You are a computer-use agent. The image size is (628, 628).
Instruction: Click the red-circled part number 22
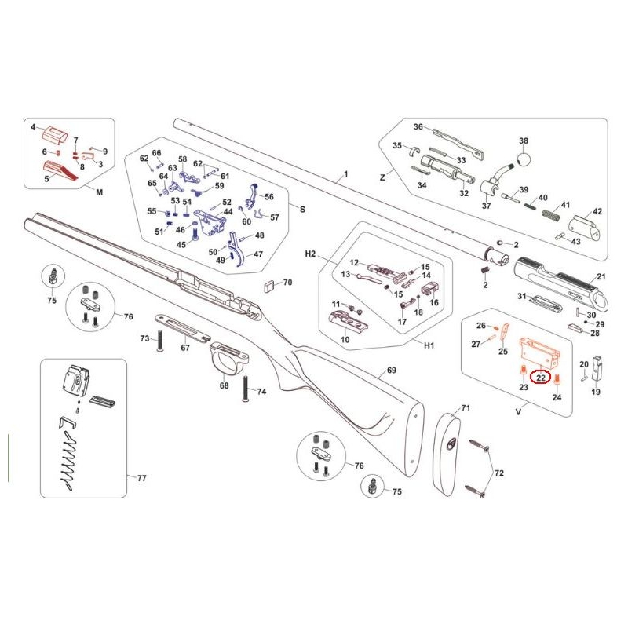[x=541, y=378]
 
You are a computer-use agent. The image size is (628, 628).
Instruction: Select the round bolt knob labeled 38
[x=524, y=159]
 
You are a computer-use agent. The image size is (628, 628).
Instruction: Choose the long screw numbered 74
[x=245, y=388]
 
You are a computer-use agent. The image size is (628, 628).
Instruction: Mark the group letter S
[x=303, y=209]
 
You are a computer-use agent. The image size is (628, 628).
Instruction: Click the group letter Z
[x=382, y=177]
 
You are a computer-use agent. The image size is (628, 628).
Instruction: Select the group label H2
[x=310, y=254]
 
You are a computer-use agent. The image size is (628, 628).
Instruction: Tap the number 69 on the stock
[x=391, y=370]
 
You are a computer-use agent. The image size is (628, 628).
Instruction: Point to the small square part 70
[x=269, y=286]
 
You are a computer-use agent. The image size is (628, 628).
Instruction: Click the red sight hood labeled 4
[x=55, y=134]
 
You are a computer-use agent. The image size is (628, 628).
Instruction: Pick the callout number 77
[x=142, y=478]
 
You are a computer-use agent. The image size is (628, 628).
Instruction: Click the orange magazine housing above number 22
[x=539, y=352]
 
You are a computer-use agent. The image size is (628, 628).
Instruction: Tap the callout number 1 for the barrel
[x=346, y=174]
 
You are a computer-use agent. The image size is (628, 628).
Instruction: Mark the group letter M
[x=100, y=192]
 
